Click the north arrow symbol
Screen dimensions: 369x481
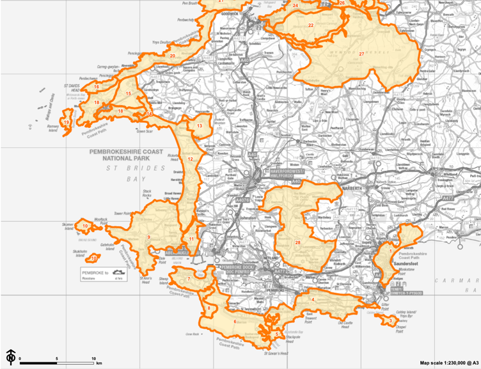(x=11, y=356)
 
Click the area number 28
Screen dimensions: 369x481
(x=297, y=242)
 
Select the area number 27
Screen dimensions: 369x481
(x=361, y=54)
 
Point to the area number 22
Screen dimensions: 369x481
(x=311, y=26)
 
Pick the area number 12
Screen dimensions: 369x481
(x=191, y=159)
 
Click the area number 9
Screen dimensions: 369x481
(x=148, y=238)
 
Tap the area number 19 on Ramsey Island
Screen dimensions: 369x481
(x=67, y=122)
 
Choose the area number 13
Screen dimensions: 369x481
(x=200, y=126)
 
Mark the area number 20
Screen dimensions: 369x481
(x=172, y=56)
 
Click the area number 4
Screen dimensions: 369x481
(x=313, y=299)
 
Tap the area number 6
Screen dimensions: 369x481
(x=235, y=322)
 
